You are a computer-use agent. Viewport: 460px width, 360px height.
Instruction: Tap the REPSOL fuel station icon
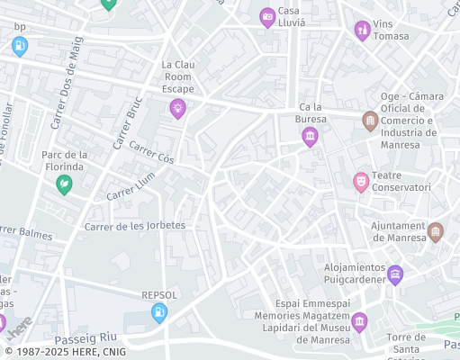click(159, 312)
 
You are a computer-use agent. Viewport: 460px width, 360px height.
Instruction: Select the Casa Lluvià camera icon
click(267, 17)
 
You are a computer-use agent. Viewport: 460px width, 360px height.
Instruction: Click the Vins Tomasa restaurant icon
click(362, 31)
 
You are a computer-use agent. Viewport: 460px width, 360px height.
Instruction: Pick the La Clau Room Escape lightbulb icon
click(178, 108)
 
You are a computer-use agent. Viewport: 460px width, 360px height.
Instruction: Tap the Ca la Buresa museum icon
click(311, 137)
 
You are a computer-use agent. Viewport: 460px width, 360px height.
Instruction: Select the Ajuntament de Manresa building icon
click(436, 232)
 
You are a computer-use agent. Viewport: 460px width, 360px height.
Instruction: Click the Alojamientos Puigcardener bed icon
click(394, 274)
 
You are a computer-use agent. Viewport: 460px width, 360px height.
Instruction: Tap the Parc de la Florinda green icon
click(64, 184)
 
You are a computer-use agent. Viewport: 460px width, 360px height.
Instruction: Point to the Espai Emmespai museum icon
click(359, 321)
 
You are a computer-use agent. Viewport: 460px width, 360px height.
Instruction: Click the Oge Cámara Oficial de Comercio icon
click(370, 121)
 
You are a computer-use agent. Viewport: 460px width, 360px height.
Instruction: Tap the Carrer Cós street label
click(151, 152)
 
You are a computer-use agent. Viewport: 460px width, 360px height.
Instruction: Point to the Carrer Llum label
click(131, 185)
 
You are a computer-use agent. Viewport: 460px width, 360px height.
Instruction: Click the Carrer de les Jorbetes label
click(134, 225)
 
